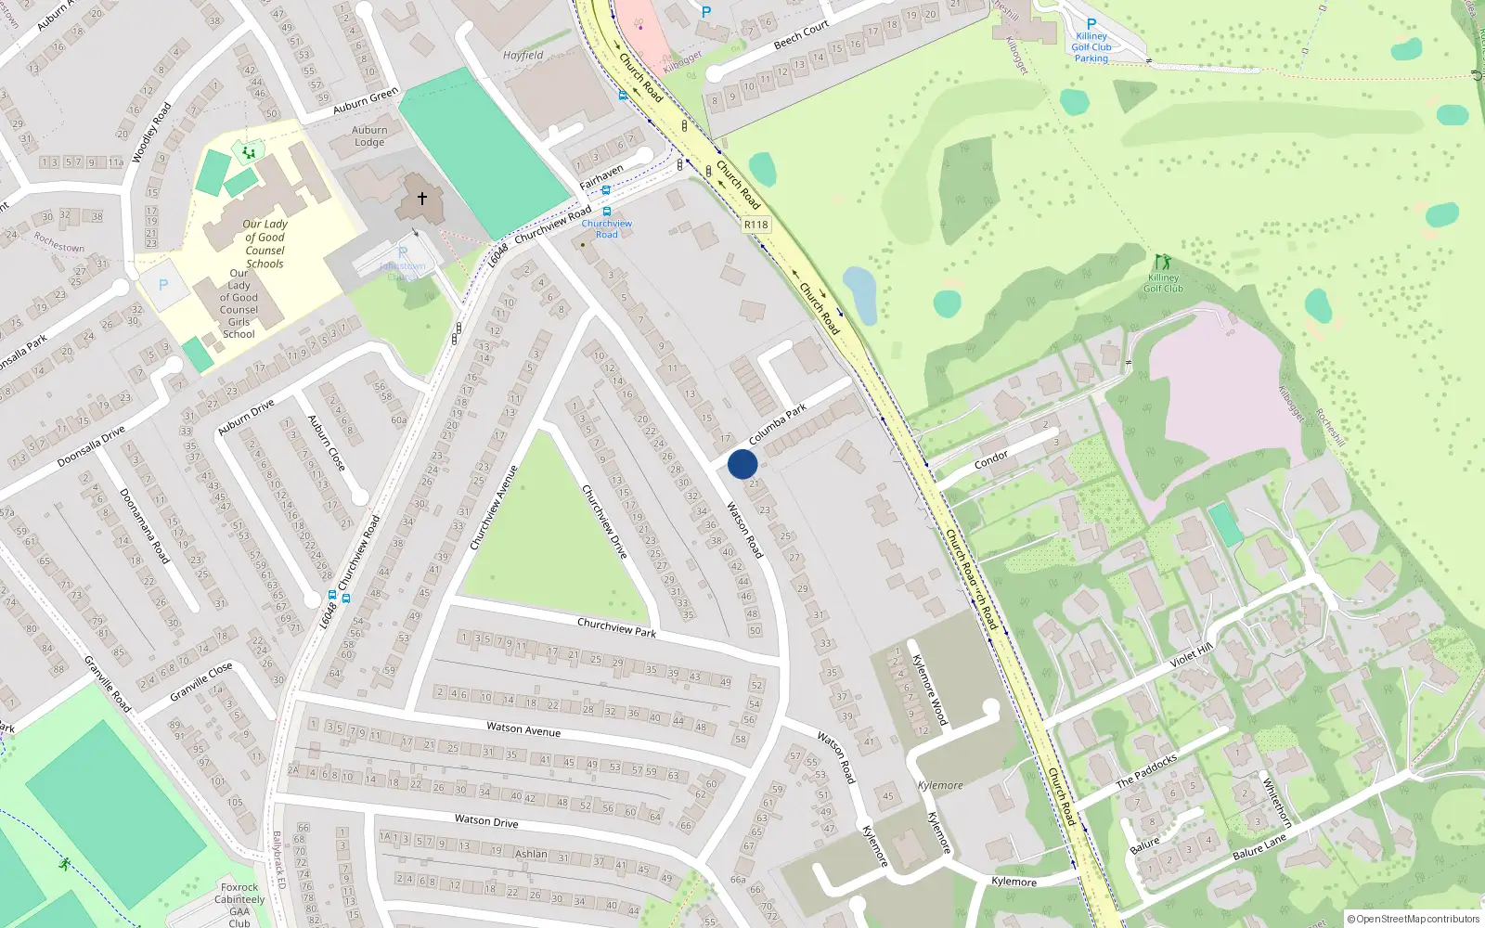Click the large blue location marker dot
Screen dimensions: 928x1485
[x=742, y=464]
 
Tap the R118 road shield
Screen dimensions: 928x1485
[x=756, y=225]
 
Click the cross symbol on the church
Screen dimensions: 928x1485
[x=422, y=198]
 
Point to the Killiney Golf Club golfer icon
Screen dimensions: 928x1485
[x=1162, y=263]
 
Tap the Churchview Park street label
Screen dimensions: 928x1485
[x=616, y=627]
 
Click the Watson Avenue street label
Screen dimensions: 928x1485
[x=523, y=730]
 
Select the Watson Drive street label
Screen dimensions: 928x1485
[x=486, y=820]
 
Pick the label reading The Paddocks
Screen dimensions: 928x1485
[x=1146, y=770]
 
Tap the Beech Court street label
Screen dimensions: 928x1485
[x=801, y=35]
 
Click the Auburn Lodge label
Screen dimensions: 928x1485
[x=369, y=136]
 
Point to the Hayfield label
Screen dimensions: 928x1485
[x=523, y=56]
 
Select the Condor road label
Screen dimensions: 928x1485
[x=991, y=459]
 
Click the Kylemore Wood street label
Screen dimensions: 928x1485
[x=929, y=690]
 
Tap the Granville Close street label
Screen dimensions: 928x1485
[x=201, y=682]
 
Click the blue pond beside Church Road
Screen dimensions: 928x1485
[x=860, y=295]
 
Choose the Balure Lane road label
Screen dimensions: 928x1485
[x=1259, y=846]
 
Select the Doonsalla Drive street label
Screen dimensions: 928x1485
[x=91, y=445]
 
